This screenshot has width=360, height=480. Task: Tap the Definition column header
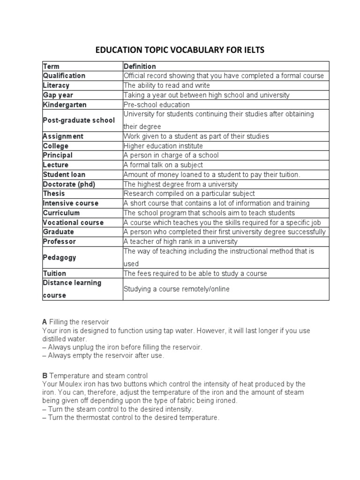[140, 66]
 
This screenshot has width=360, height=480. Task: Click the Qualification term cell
[64, 75]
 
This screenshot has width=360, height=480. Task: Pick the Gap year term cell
[58, 95]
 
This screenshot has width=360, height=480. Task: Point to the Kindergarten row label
[65, 105]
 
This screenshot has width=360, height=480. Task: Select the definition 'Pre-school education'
[157, 105]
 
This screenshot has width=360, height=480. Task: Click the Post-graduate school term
[79, 120]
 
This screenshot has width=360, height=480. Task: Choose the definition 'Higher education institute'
[163, 146]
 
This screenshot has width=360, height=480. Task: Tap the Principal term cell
[58, 155]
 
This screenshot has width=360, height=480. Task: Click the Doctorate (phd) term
[69, 184]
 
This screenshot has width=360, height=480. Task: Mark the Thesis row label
[54, 194]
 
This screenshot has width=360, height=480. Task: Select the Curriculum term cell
[61, 213]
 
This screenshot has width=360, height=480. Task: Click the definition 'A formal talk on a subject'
[164, 165]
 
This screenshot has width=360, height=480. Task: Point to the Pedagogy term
[60, 257]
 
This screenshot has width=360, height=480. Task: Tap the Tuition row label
[54, 273]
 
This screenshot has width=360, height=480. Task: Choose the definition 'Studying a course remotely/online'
[177, 289]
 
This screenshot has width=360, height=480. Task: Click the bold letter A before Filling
[45, 322]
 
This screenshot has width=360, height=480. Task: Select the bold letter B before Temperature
[45, 375]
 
